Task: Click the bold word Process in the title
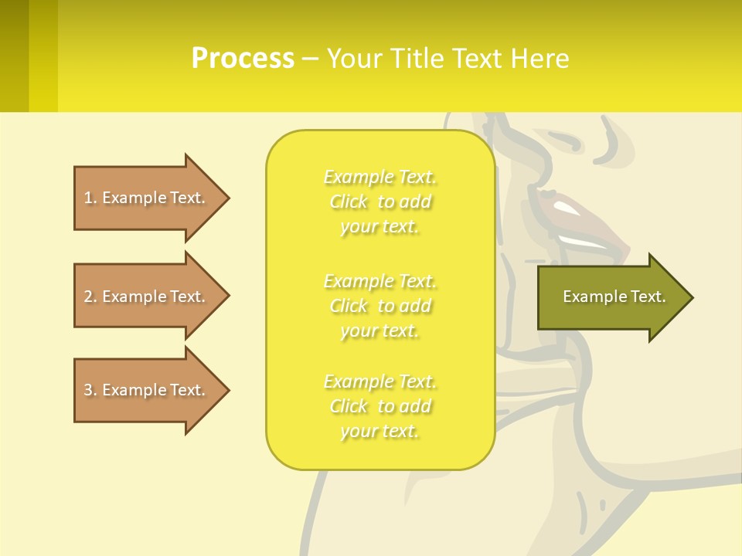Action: click(243, 58)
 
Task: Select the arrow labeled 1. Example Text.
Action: click(147, 198)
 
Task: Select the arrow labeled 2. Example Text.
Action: click(147, 297)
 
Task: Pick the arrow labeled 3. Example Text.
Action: click(147, 390)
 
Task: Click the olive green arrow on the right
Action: click(611, 297)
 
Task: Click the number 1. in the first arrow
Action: click(90, 198)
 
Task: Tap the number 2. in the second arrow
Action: click(90, 297)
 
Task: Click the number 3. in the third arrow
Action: click(90, 390)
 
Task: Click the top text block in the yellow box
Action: click(380, 202)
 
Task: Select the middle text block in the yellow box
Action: click(380, 306)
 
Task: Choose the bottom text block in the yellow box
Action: click(380, 406)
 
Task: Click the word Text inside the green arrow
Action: click(648, 297)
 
